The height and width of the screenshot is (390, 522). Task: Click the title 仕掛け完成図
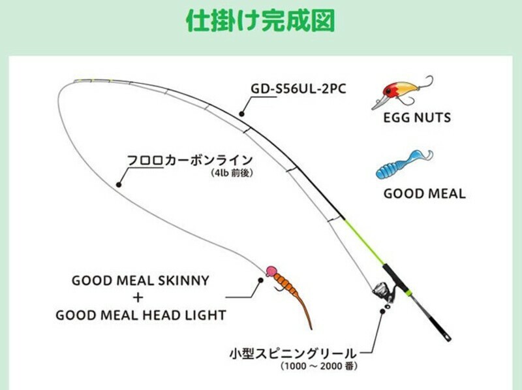[x=260, y=21]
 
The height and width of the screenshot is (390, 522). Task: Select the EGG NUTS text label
[x=417, y=119]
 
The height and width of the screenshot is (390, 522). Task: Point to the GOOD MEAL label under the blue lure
[x=424, y=194]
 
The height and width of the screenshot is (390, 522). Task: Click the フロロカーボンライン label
[x=189, y=161]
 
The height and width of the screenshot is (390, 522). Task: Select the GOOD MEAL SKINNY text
[x=140, y=281]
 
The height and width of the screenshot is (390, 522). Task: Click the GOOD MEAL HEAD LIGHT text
[x=140, y=315]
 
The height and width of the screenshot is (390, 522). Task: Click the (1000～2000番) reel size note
[x=319, y=366]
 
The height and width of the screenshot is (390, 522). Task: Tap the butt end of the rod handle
[x=447, y=337]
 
